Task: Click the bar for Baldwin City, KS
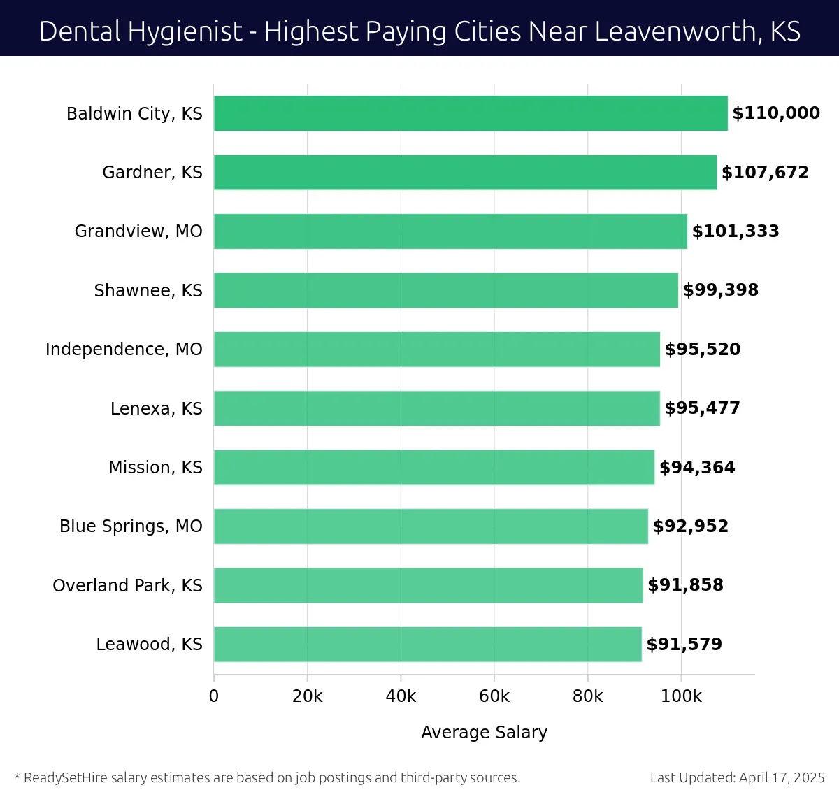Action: (x=471, y=113)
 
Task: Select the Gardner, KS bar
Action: (x=465, y=173)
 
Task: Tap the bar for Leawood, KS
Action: (x=427, y=644)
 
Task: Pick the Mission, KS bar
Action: (x=434, y=467)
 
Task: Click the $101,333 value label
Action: (x=736, y=231)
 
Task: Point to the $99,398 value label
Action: (x=720, y=290)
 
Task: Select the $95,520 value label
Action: (x=702, y=350)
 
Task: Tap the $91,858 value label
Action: (x=685, y=585)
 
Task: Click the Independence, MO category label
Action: (x=124, y=350)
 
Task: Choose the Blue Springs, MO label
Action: (x=131, y=526)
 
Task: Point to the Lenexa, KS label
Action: (x=156, y=408)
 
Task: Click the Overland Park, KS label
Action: (x=127, y=585)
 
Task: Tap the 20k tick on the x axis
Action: (x=308, y=696)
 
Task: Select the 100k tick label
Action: (x=681, y=696)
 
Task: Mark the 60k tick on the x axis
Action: (x=494, y=696)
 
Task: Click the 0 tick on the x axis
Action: (x=214, y=696)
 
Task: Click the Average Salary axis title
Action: (x=484, y=733)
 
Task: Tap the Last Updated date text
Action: (x=737, y=777)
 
